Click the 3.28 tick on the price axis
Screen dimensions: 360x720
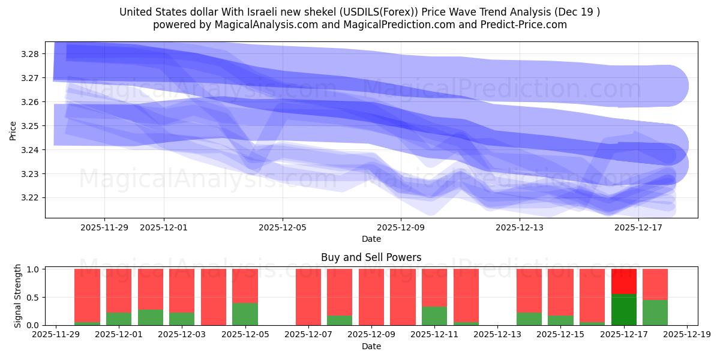pyautogui.click(x=31, y=54)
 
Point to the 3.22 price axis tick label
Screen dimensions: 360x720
pyautogui.click(x=31, y=198)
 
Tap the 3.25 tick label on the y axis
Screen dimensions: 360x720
pyautogui.click(x=31, y=126)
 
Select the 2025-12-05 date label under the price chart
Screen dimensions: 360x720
pyautogui.click(x=283, y=228)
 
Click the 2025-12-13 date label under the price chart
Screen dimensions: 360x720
pyautogui.click(x=520, y=228)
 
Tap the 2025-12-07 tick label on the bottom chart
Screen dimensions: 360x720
pyautogui.click(x=308, y=335)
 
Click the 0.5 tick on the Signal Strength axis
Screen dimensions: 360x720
pyautogui.click(x=34, y=298)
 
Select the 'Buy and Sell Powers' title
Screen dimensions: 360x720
pyautogui.click(x=371, y=257)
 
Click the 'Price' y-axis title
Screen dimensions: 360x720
pyautogui.click(x=13, y=130)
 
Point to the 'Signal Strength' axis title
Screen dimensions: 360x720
pyautogui.click(x=18, y=296)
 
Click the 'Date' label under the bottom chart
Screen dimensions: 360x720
pyautogui.click(x=371, y=346)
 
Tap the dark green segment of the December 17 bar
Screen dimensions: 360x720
pyautogui.click(x=624, y=310)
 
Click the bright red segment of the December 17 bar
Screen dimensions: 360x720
pyautogui.click(x=624, y=281)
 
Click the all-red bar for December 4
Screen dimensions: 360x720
pyautogui.click(x=214, y=297)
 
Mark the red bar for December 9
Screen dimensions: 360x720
pyautogui.click(x=371, y=297)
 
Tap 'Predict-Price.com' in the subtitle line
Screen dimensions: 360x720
pyautogui.click(x=524, y=25)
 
